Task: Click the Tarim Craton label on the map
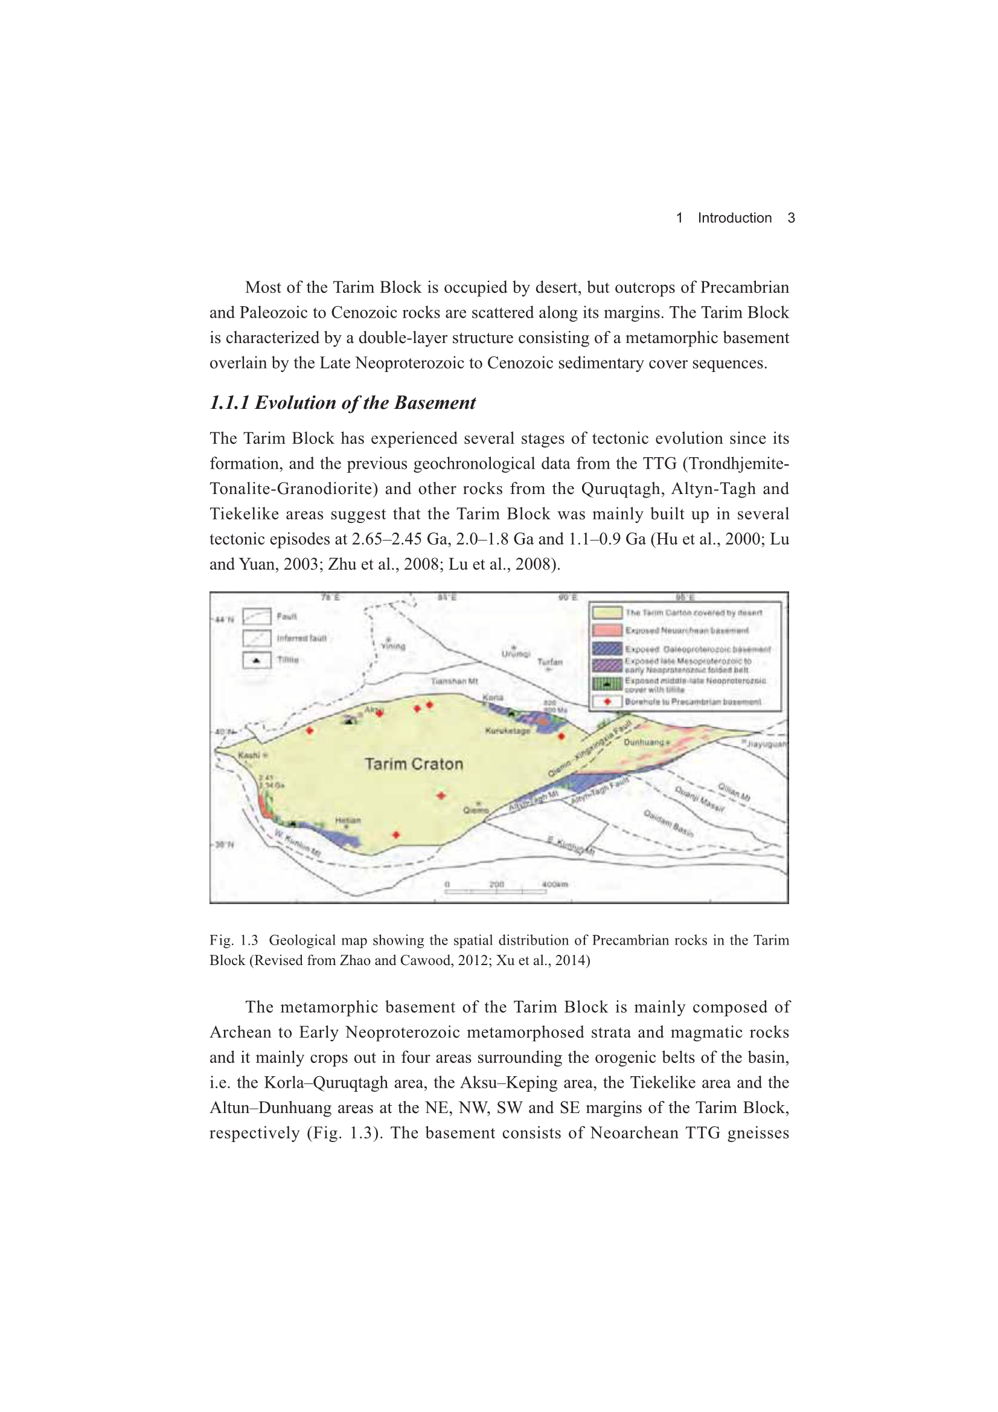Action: pos(414,764)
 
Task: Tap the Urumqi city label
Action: pos(515,653)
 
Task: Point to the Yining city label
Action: pos(394,646)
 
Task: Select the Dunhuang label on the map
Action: pos(644,742)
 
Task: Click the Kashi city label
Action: pos(249,754)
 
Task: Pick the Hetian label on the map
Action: pos(348,820)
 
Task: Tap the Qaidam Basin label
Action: pos(668,823)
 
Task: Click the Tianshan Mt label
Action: pos(455,681)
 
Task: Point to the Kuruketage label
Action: pos(507,731)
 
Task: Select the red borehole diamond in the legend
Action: pos(607,701)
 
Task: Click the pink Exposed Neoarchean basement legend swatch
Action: pos(607,631)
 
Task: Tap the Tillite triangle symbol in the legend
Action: pos(257,661)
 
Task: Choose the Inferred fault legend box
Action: pos(257,638)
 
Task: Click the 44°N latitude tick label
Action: pos(225,619)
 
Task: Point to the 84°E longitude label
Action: pos(447,598)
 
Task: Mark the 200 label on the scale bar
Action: pos(497,884)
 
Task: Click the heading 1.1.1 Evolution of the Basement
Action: pos(342,403)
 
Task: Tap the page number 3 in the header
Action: pos(791,217)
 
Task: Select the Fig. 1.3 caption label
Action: pos(234,940)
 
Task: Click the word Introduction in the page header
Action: pos(734,217)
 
